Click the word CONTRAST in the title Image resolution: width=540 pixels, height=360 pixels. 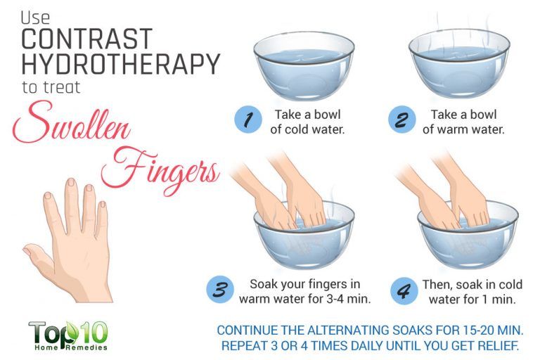coord(86,39)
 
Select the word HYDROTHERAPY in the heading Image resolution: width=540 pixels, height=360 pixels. coord(120,64)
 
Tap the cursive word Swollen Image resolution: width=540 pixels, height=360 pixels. coord(72,124)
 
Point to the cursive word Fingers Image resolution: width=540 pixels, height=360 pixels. coord(160,169)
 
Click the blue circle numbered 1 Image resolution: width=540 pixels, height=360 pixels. coord(248,120)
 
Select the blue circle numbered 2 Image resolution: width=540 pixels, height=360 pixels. coord(402,120)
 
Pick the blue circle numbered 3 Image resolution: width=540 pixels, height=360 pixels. coord(220,290)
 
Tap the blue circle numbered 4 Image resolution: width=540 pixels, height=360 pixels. coord(404,291)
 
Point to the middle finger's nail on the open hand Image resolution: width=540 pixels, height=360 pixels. coord(71,182)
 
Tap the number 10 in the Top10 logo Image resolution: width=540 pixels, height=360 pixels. coord(94,333)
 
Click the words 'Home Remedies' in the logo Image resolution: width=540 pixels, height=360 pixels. coord(71,347)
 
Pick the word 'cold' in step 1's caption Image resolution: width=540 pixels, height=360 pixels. coord(299,129)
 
